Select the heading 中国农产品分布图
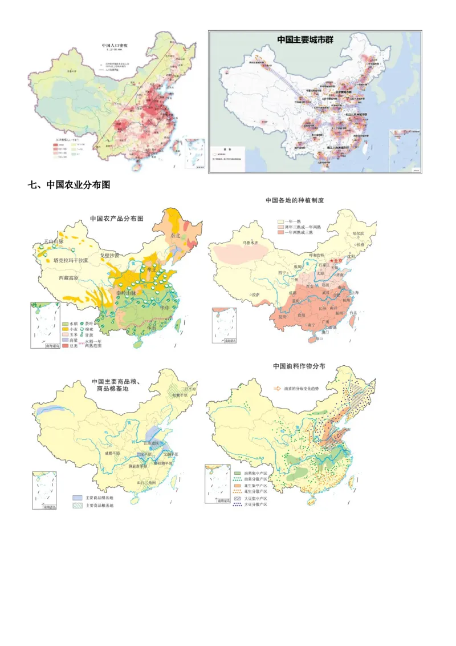click(116, 219)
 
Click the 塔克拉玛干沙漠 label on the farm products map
click(70, 260)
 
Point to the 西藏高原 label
click(75, 278)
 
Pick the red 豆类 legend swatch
click(66, 346)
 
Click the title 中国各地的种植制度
click(295, 200)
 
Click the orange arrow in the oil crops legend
click(277, 388)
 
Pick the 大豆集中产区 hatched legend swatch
click(238, 497)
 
